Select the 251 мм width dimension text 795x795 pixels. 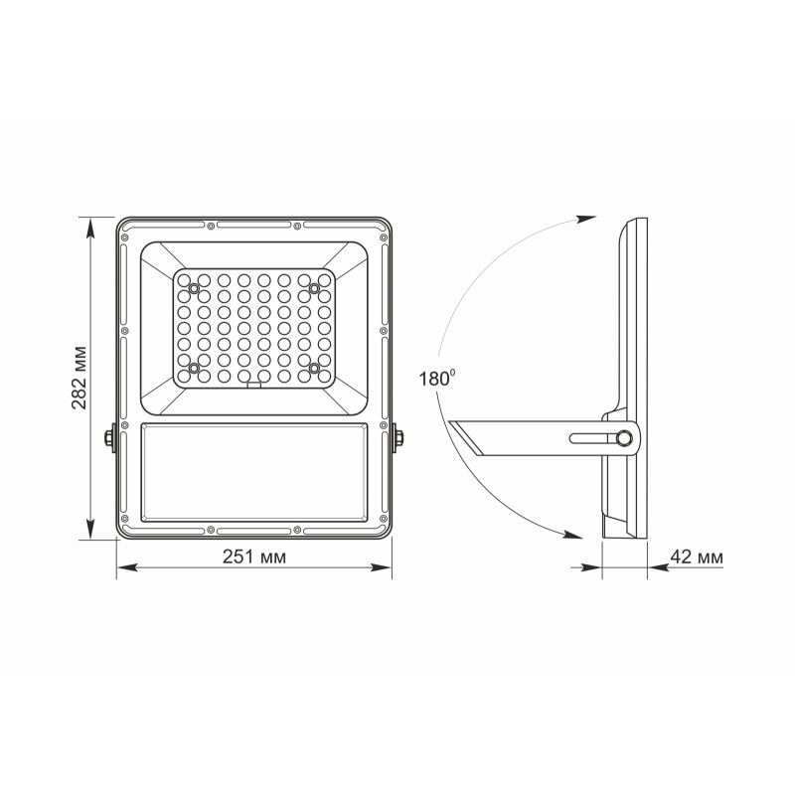pyautogui.click(x=253, y=556)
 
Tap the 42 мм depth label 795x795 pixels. pyautogui.click(x=697, y=556)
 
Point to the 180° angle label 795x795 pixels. pyautogui.click(x=438, y=378)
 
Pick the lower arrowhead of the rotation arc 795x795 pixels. pyautogui.click(x=573, y=534)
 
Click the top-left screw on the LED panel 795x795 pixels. pyautogui.click(x=194, y=289)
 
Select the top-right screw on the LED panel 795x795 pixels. pyautogui.click(x=313, y=289)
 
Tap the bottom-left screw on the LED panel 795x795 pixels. pyautogui.click(x=194, y=369)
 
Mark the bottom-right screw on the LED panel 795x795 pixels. pyautogui.click(x=313, y=369)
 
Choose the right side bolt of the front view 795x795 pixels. pyautogui.click(x=397, y=438)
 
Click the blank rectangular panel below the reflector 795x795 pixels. pyautogui.click(x=253, y=473)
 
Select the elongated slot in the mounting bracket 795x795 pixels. pyautogui.click(x=592, y=438)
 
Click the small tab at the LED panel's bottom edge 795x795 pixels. pyautogui.click(x=253, y=387)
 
